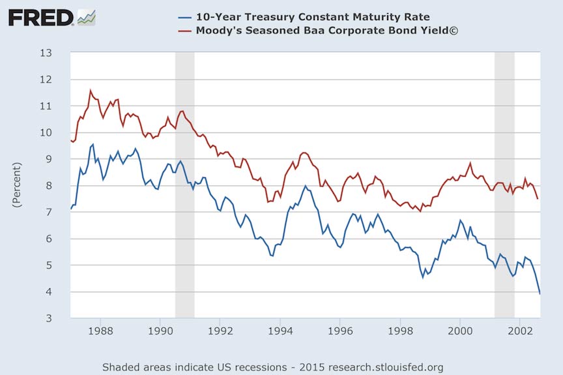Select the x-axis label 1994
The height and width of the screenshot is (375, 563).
[x=280, y=331]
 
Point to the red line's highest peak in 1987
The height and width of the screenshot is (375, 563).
[x=91, y=91]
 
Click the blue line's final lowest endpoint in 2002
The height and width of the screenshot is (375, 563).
[x=540, y=293]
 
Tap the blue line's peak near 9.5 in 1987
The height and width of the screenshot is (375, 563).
[x=93, y=144]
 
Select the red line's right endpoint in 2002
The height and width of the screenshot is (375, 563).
[x=538, y=199]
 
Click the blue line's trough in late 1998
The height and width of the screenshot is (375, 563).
[x=422, y=277]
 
